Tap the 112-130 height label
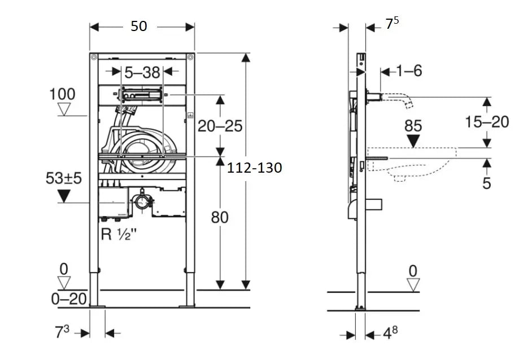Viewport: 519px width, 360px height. tap(254, 168)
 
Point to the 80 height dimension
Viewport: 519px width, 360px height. tap(220, 216)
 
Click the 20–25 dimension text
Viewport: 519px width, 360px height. tap(220, 126)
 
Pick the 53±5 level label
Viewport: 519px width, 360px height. tap(64, 178)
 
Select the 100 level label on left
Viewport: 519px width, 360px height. tap(63, 94)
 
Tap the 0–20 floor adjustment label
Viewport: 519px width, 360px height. tap(69, 299)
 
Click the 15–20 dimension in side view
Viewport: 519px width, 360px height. tap(487, 121)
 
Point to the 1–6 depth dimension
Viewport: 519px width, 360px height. tap(409, 71)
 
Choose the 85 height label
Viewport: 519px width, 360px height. tap(413, 125)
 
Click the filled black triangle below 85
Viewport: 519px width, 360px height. tap(413, 141)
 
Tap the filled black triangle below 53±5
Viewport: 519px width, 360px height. tap(64, 196)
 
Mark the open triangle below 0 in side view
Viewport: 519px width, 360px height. tap(413, 285)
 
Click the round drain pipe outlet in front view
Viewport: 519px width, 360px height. tap(142, 202)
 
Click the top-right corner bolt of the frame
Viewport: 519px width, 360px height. tap(190, 57)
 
